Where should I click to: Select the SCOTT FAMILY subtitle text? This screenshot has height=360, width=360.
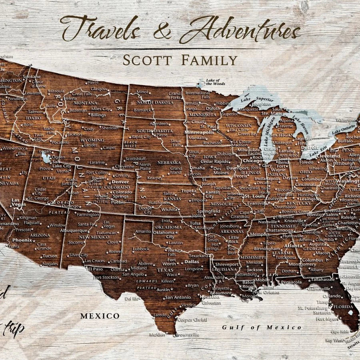180,60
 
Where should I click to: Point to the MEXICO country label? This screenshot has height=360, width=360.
100,316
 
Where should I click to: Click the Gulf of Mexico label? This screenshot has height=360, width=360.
262,327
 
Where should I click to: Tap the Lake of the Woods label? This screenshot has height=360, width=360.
215,82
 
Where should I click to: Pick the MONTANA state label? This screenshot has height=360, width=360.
85,103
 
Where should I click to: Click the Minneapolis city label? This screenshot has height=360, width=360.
199,132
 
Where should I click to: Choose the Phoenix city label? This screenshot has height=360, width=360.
22,240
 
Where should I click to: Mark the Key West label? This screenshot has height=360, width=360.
334,340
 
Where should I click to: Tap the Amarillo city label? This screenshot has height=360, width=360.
143,231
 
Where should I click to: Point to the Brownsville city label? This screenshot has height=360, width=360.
187,334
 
